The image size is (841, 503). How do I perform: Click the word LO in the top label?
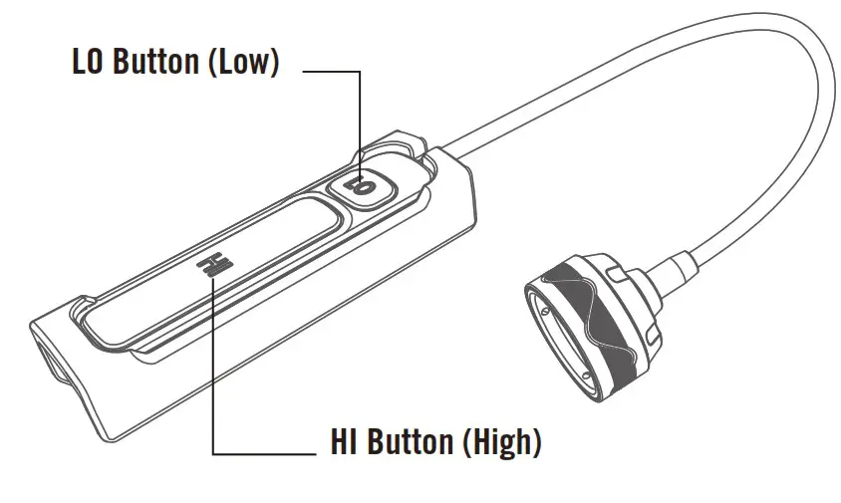pyautogui.click(x=90, y=62)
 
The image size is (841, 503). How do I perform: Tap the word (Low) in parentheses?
pyautogui.click(x=240, y=62)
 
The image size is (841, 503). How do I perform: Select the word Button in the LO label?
pyautogui.click(x=156, y=62)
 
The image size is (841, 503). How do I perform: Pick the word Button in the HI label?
pyautogui.click(x=411, y=442)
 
